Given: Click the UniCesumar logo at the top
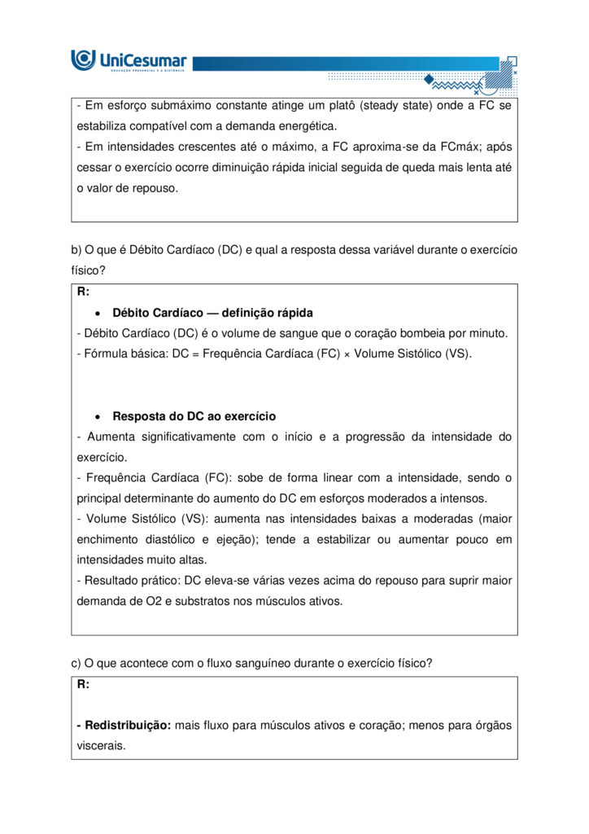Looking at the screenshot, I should point(129,60).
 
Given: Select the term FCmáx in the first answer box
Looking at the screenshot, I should point(438,147).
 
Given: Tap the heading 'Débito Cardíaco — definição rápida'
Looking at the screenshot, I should point(212,313).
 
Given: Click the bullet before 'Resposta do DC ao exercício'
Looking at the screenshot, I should point(97,416).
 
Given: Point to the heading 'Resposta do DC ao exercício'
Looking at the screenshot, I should point(194,416).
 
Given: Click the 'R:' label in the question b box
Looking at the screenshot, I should point(84,292).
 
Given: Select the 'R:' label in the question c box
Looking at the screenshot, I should point(84,684).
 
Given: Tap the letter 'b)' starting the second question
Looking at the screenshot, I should point(76,249).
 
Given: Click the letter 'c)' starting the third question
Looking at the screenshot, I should point(76,663).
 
